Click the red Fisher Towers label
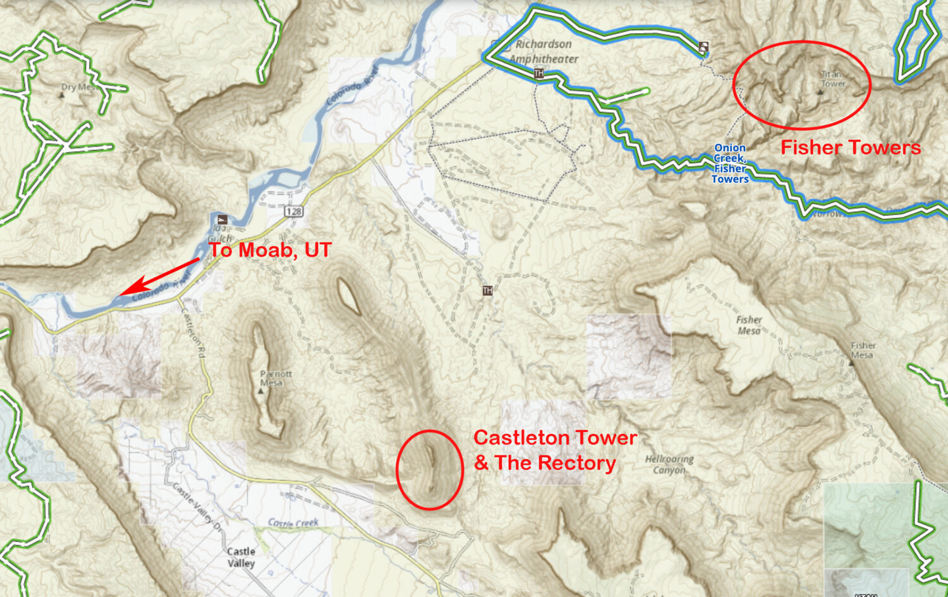(850, 148)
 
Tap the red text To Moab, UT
(270, 250)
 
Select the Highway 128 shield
(293, 211)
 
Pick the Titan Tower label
(833, 79)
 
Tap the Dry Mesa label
(78, 87)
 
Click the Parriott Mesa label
(276, 378)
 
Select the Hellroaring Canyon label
(669, 465)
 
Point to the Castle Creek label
(293, 523)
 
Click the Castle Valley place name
(241, 557)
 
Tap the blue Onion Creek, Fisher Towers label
(730, 164)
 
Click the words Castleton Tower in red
(556, 438)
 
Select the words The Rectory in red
(556, 464)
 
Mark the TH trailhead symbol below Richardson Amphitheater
(538, 74)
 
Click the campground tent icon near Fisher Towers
(703, 46)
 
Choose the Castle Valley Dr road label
(197, 508)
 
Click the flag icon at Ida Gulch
(222, 219)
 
